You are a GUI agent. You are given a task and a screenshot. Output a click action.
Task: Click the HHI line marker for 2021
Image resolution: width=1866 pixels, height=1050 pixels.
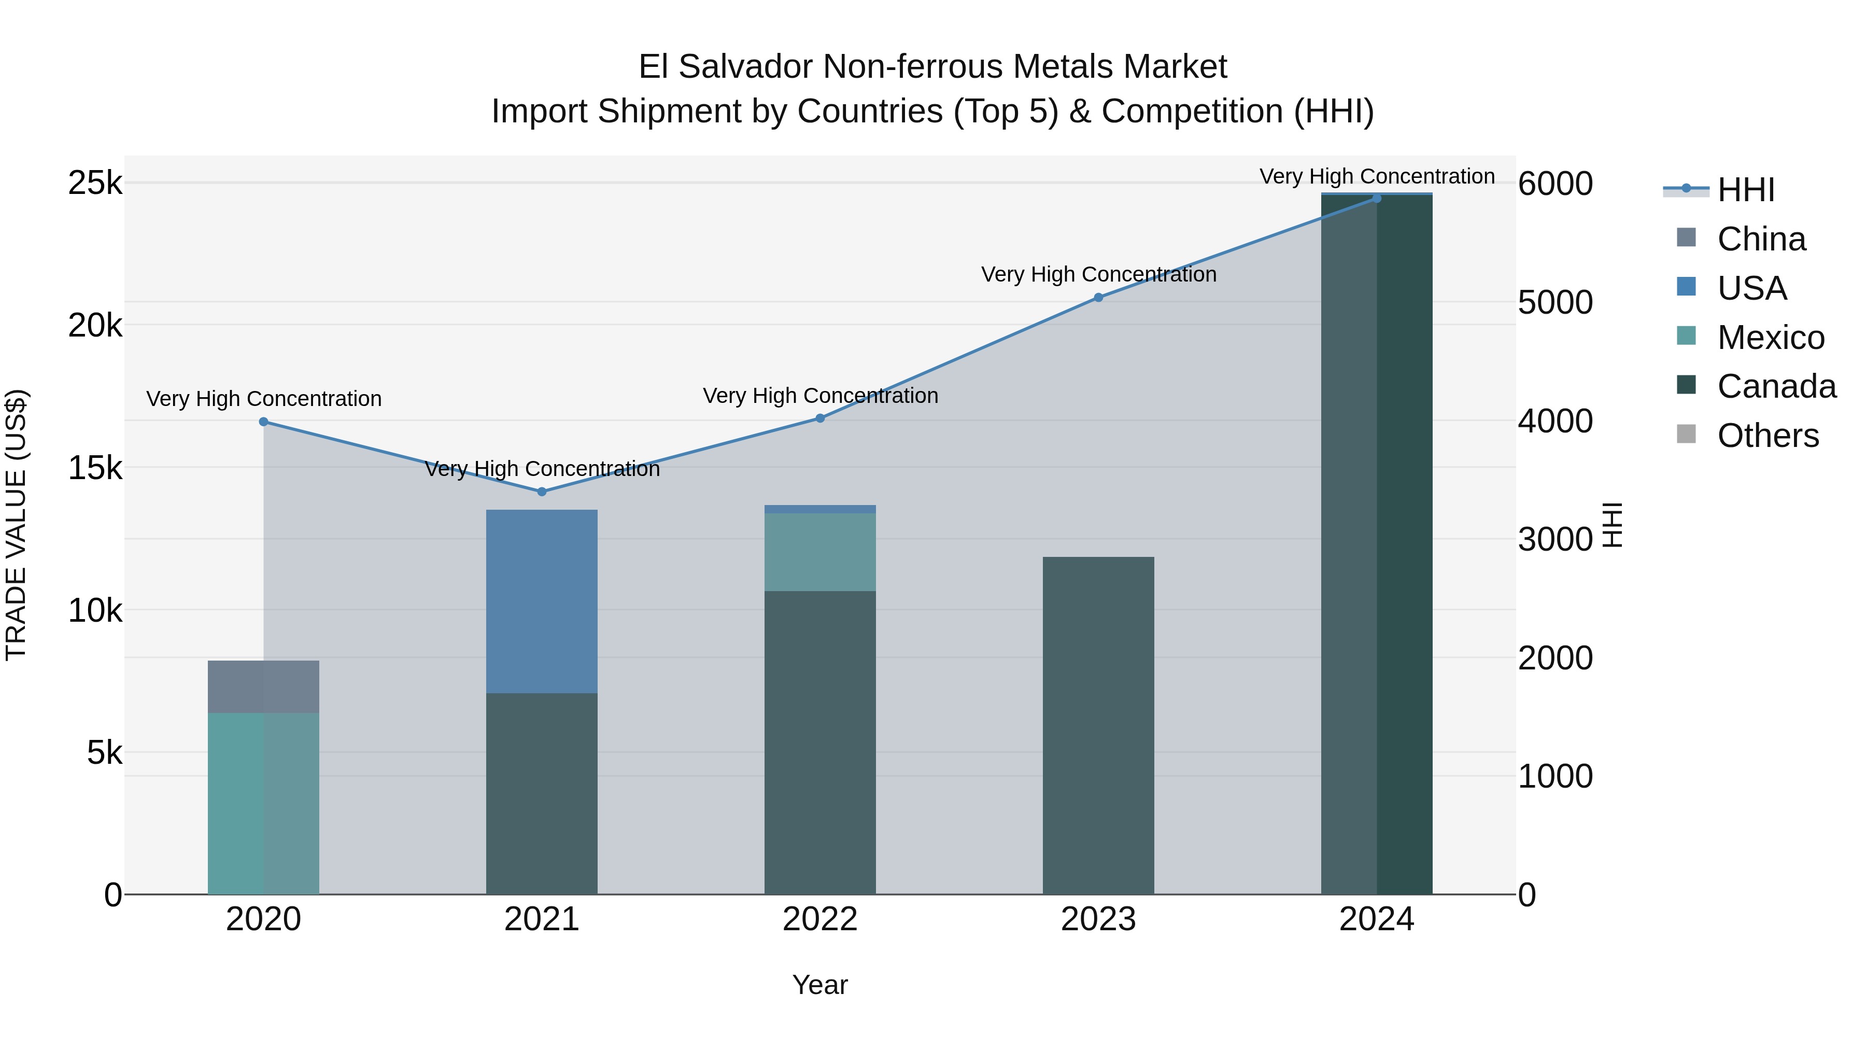542,492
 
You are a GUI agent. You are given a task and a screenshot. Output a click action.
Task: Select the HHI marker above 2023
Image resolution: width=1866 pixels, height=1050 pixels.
1098,298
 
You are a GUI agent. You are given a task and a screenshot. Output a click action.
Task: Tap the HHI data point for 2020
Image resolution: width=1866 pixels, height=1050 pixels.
264,422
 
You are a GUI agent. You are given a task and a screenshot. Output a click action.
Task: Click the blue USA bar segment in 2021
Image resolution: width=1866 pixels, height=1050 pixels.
542,601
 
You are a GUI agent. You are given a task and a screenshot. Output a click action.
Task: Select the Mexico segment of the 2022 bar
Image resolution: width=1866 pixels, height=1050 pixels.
820,552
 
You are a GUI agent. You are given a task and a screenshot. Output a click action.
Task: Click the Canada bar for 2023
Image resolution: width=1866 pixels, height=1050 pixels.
1098,725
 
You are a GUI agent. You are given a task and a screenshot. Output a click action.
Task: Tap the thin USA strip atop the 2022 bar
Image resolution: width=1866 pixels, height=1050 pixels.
820,509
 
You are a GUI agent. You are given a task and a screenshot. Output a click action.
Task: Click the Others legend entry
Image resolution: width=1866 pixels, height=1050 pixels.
1768,436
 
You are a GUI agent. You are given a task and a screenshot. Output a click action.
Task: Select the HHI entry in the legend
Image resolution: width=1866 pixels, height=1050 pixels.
1746,190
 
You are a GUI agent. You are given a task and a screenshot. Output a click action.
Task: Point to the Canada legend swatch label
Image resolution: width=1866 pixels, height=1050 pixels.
1776,387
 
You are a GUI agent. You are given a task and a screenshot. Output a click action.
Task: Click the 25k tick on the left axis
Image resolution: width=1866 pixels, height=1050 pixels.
95,184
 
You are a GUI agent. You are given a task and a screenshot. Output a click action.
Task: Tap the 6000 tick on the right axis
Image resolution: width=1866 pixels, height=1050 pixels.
1555,184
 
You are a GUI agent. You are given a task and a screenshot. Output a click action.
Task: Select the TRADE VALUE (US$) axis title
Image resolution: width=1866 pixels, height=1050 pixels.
16,525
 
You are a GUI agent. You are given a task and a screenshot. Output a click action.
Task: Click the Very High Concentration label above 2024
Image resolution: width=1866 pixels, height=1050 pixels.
1376,177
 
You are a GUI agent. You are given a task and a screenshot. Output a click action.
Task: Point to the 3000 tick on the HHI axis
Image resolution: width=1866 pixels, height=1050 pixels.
1555,540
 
